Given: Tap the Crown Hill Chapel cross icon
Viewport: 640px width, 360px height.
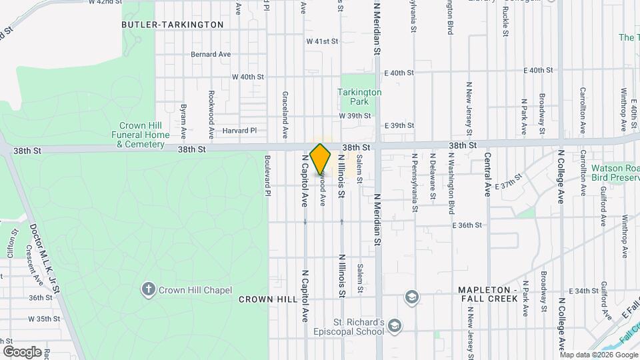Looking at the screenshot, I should tap(148, 289).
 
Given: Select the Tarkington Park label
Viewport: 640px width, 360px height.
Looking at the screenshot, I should tap(359, 97).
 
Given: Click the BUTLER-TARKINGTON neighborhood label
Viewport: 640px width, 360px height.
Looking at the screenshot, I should tap(173, 25).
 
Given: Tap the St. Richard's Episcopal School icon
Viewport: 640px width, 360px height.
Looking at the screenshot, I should tap(395, 325).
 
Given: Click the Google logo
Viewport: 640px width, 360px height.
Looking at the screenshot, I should tap(22, 351).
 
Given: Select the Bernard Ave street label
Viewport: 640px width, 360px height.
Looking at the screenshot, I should tap(210, 54).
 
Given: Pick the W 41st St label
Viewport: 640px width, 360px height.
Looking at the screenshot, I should tap(323, 41).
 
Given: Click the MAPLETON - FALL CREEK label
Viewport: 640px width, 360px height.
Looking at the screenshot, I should tap(488, 295).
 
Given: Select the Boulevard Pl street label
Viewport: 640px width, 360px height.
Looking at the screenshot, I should tap(267, 176).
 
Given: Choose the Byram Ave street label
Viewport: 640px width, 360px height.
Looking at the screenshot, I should tap(183, 116).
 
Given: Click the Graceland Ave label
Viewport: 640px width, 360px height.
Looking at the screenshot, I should tap(285, 111).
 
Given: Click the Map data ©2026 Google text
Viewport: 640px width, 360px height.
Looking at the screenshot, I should tap(598, 354).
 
